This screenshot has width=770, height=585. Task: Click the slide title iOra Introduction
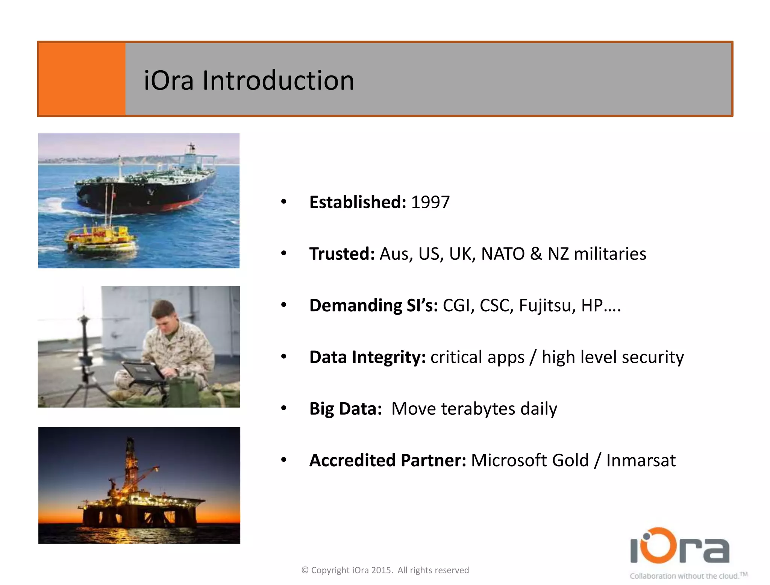point(249,80)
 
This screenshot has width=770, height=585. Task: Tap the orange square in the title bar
point(82,79)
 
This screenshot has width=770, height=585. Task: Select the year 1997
point(430,202)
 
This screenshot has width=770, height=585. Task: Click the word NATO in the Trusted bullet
point(503,254)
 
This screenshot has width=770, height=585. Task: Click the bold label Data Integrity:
point(367,357)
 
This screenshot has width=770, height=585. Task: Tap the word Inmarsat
point(641,461)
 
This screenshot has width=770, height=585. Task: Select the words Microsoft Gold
point(529,461)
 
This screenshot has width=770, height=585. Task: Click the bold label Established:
point(358,202)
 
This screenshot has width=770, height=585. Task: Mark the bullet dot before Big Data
point(284,408)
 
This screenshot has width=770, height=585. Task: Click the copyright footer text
point(385,570)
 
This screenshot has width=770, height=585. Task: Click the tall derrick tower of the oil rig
point(130,462)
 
